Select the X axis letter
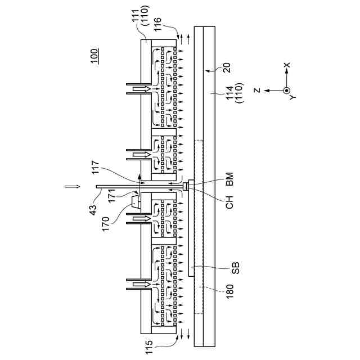(287, 65)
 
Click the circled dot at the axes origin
(287, 90)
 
